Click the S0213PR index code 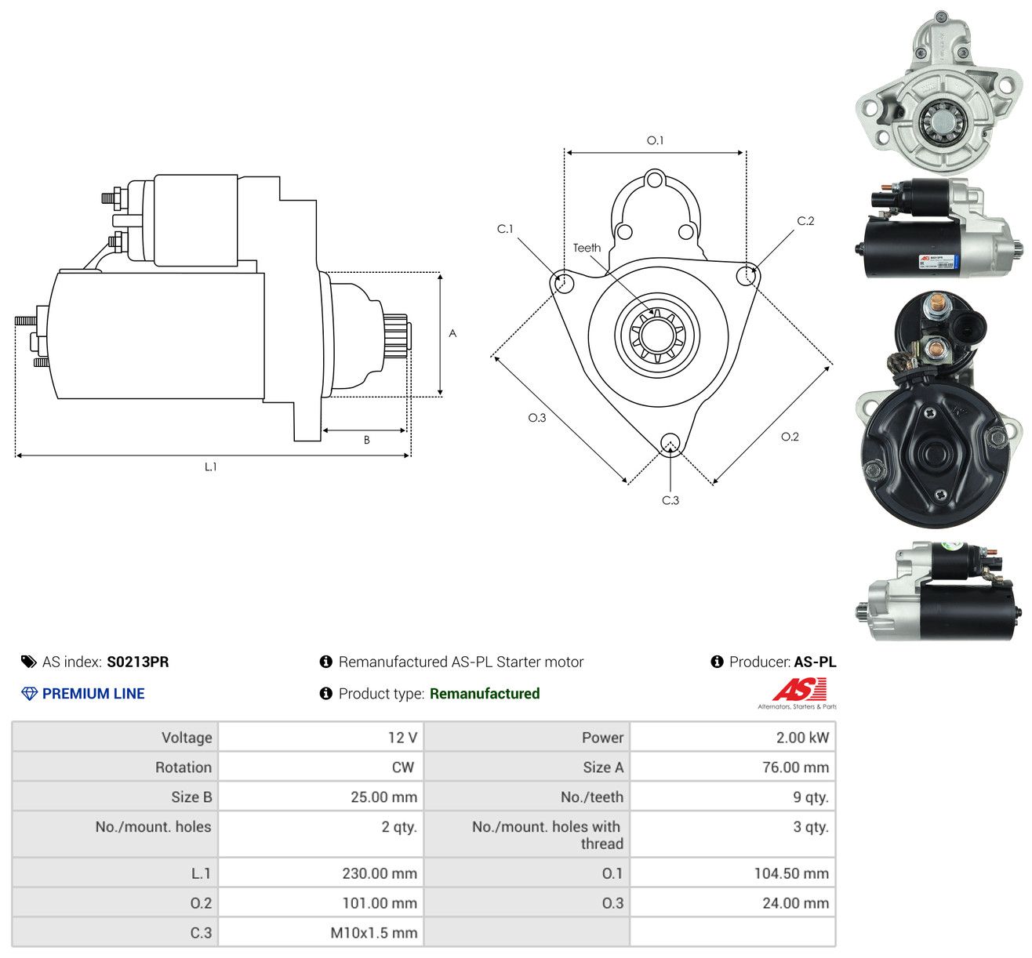[x=138, y=662]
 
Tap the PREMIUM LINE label [x=93, y=694]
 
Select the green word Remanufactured [x=485, y=694]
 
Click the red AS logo [x=799, y=691]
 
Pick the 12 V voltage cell [x=402, y=738]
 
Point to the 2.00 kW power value [x=802, y=738]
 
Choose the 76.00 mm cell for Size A [x=795, y=767]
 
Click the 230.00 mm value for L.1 [x=380, y=873]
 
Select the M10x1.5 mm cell [x=373, y=933]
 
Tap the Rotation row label [x=184, y=767]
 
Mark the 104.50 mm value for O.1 [x=791, y=873]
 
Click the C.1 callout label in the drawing [x=504, y=229]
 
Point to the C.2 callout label [x=805, y=221]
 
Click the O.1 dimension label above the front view [x=655, y=140]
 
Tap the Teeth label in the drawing [x=587, y=248]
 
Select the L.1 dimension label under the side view [x=210, y=466]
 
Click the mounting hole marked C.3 [x=670, y=443]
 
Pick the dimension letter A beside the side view [x=452, y=333]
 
